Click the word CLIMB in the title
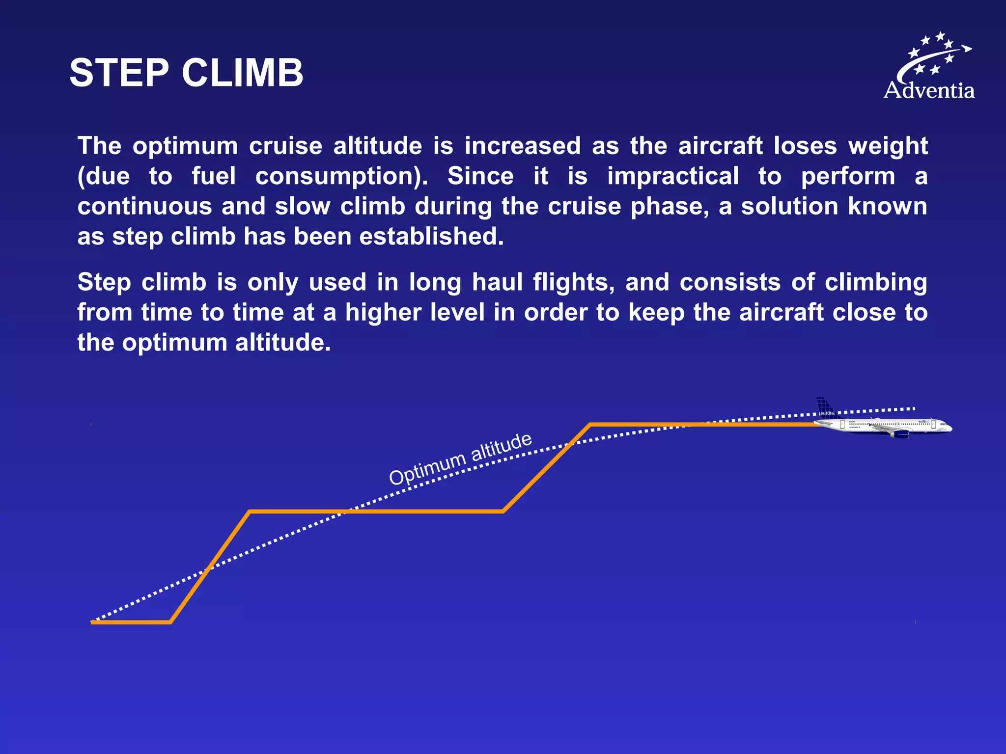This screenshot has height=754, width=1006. click(x=243, y=73)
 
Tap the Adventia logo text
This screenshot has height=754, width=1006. click(x=929, y=91)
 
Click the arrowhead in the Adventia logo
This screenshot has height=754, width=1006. click(x=966, y=48)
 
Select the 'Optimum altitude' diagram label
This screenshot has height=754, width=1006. click(x=460, y=458)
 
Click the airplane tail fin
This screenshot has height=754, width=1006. click(x=825, y=408)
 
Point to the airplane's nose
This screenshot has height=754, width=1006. click(x=950, y=429)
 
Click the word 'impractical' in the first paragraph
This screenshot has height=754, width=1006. click(x=672, y=176)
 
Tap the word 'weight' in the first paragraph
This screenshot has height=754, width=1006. click(x=888, y=146)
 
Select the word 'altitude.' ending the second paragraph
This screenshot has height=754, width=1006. click(x=283, y=343)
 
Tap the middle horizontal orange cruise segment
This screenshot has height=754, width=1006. click(x=376, y=512)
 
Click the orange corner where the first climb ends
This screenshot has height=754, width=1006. click(x=250, y=512)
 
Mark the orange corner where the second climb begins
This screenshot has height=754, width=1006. click(x=503, y=512)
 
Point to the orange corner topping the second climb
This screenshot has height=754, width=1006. click(x=590, y=425)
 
